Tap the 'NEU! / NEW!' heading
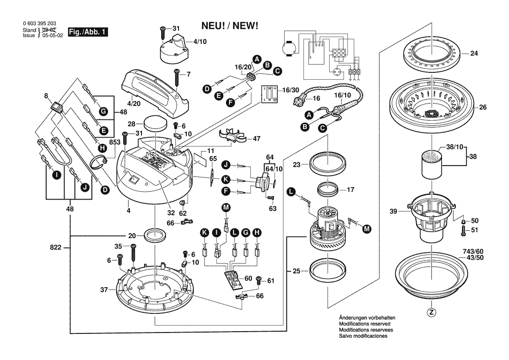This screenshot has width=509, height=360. point(229,26)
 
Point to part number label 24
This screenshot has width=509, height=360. point(474,54)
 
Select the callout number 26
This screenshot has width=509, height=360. point(483,107)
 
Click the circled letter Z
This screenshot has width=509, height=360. point(431,312)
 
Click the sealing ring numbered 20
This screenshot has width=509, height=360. point(155,236)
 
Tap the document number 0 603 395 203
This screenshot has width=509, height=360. point(39,24)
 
